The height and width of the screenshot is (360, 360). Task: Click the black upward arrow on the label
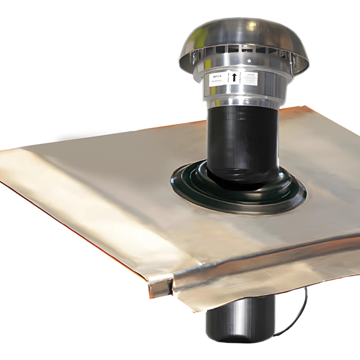pyautogui.click(x=234, y=77)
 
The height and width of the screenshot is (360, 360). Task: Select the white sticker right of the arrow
pyautogui.click(x=249, y=78)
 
